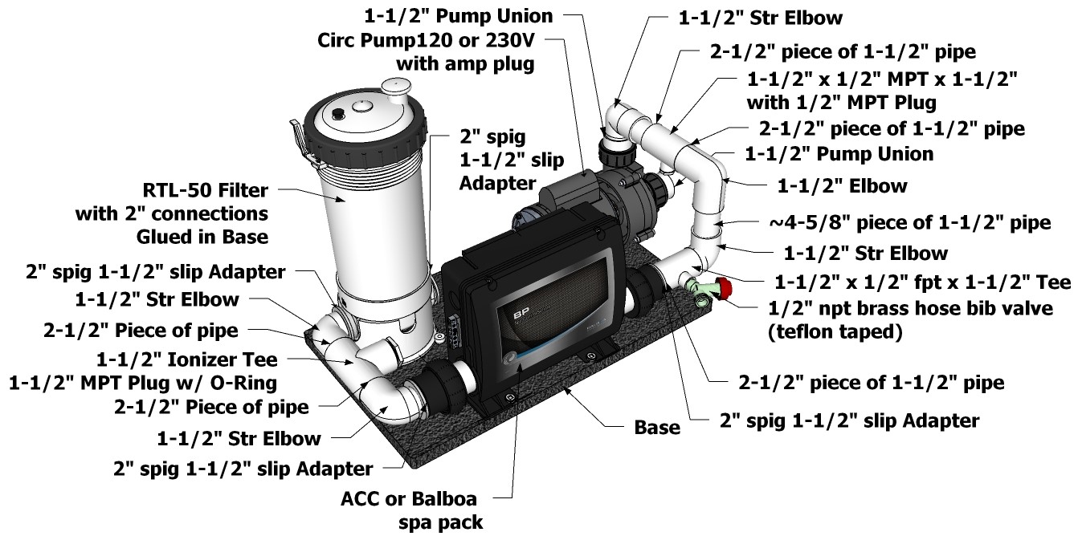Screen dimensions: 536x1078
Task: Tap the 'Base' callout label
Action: point(657,427)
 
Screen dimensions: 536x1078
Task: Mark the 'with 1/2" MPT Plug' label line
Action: point(842,103)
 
